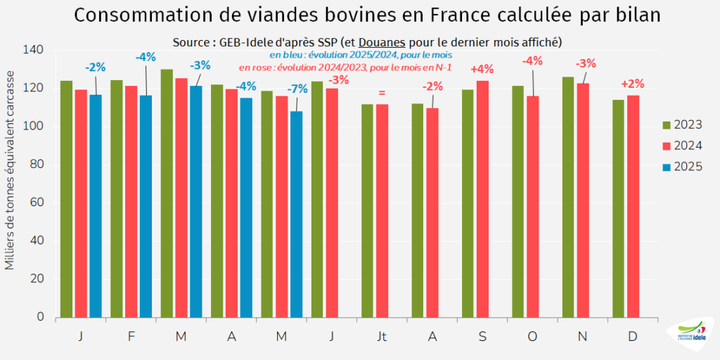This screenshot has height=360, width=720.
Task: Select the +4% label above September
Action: coord(482,69)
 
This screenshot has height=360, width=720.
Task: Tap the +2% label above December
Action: coord(633,84)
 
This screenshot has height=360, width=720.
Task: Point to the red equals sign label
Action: coord(382,92)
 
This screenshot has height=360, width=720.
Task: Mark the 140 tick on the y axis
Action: coord(33,50)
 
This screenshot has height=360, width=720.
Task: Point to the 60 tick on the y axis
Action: coord(36,202)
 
